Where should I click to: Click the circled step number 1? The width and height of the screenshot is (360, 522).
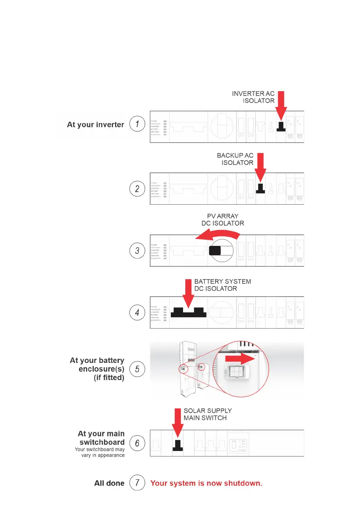point(137,124)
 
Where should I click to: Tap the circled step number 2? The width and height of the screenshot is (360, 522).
point(137,189)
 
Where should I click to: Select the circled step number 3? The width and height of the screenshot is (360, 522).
point(137,251)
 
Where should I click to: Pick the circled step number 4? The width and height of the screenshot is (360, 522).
point(137,312)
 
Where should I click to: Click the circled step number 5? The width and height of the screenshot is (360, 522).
point(137,369)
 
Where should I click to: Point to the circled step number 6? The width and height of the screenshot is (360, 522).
point(137,444)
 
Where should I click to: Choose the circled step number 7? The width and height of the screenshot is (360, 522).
point(137,483)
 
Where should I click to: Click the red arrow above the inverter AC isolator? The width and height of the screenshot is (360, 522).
point(281,105)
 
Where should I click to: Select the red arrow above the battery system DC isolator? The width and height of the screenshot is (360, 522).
point(187,293)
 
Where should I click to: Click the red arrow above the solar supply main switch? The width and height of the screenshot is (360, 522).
point(177,423)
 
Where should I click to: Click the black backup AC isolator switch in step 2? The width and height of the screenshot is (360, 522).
point(260,189)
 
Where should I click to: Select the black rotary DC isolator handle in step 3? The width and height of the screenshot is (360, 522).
point(215,251)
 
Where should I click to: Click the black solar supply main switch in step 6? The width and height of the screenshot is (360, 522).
point(177,444)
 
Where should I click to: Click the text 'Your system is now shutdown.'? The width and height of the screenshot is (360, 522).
point(206,484)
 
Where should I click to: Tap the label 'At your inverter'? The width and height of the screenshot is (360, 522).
point(95,125)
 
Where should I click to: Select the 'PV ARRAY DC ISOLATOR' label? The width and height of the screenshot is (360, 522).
point(226,220)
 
